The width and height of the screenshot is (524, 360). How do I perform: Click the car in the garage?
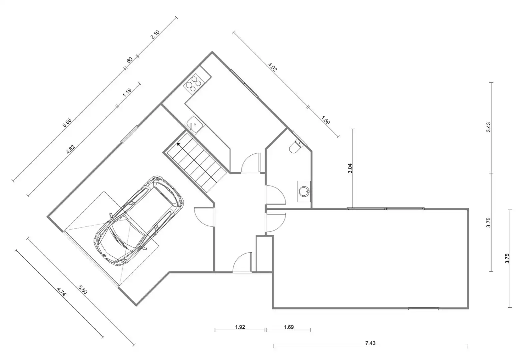click(x=139, y=221)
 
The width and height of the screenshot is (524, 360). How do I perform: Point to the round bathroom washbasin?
click(x=304, y=191)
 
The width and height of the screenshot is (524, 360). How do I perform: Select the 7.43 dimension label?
click(x=370, y=343)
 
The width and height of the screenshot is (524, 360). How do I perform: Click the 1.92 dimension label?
click(x=240, y=327)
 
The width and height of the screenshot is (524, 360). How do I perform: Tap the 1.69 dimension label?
click(x=289, y=327)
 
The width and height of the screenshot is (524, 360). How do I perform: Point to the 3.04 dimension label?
click(x=350, y=168)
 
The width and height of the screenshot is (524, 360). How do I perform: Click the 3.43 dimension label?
click(x=488, y=127)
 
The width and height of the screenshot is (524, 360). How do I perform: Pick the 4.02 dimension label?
click(x=272, y=67)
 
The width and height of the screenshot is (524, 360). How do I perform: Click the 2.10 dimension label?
click(x=155, y=35)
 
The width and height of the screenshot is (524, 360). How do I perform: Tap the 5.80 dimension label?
click(x=83, y=290)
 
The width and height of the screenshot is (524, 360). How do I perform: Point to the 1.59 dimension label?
click(x=325, y=120)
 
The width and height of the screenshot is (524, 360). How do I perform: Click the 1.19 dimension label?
click(x=127, y=92)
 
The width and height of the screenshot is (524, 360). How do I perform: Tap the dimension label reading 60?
click(x=130, y=60)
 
